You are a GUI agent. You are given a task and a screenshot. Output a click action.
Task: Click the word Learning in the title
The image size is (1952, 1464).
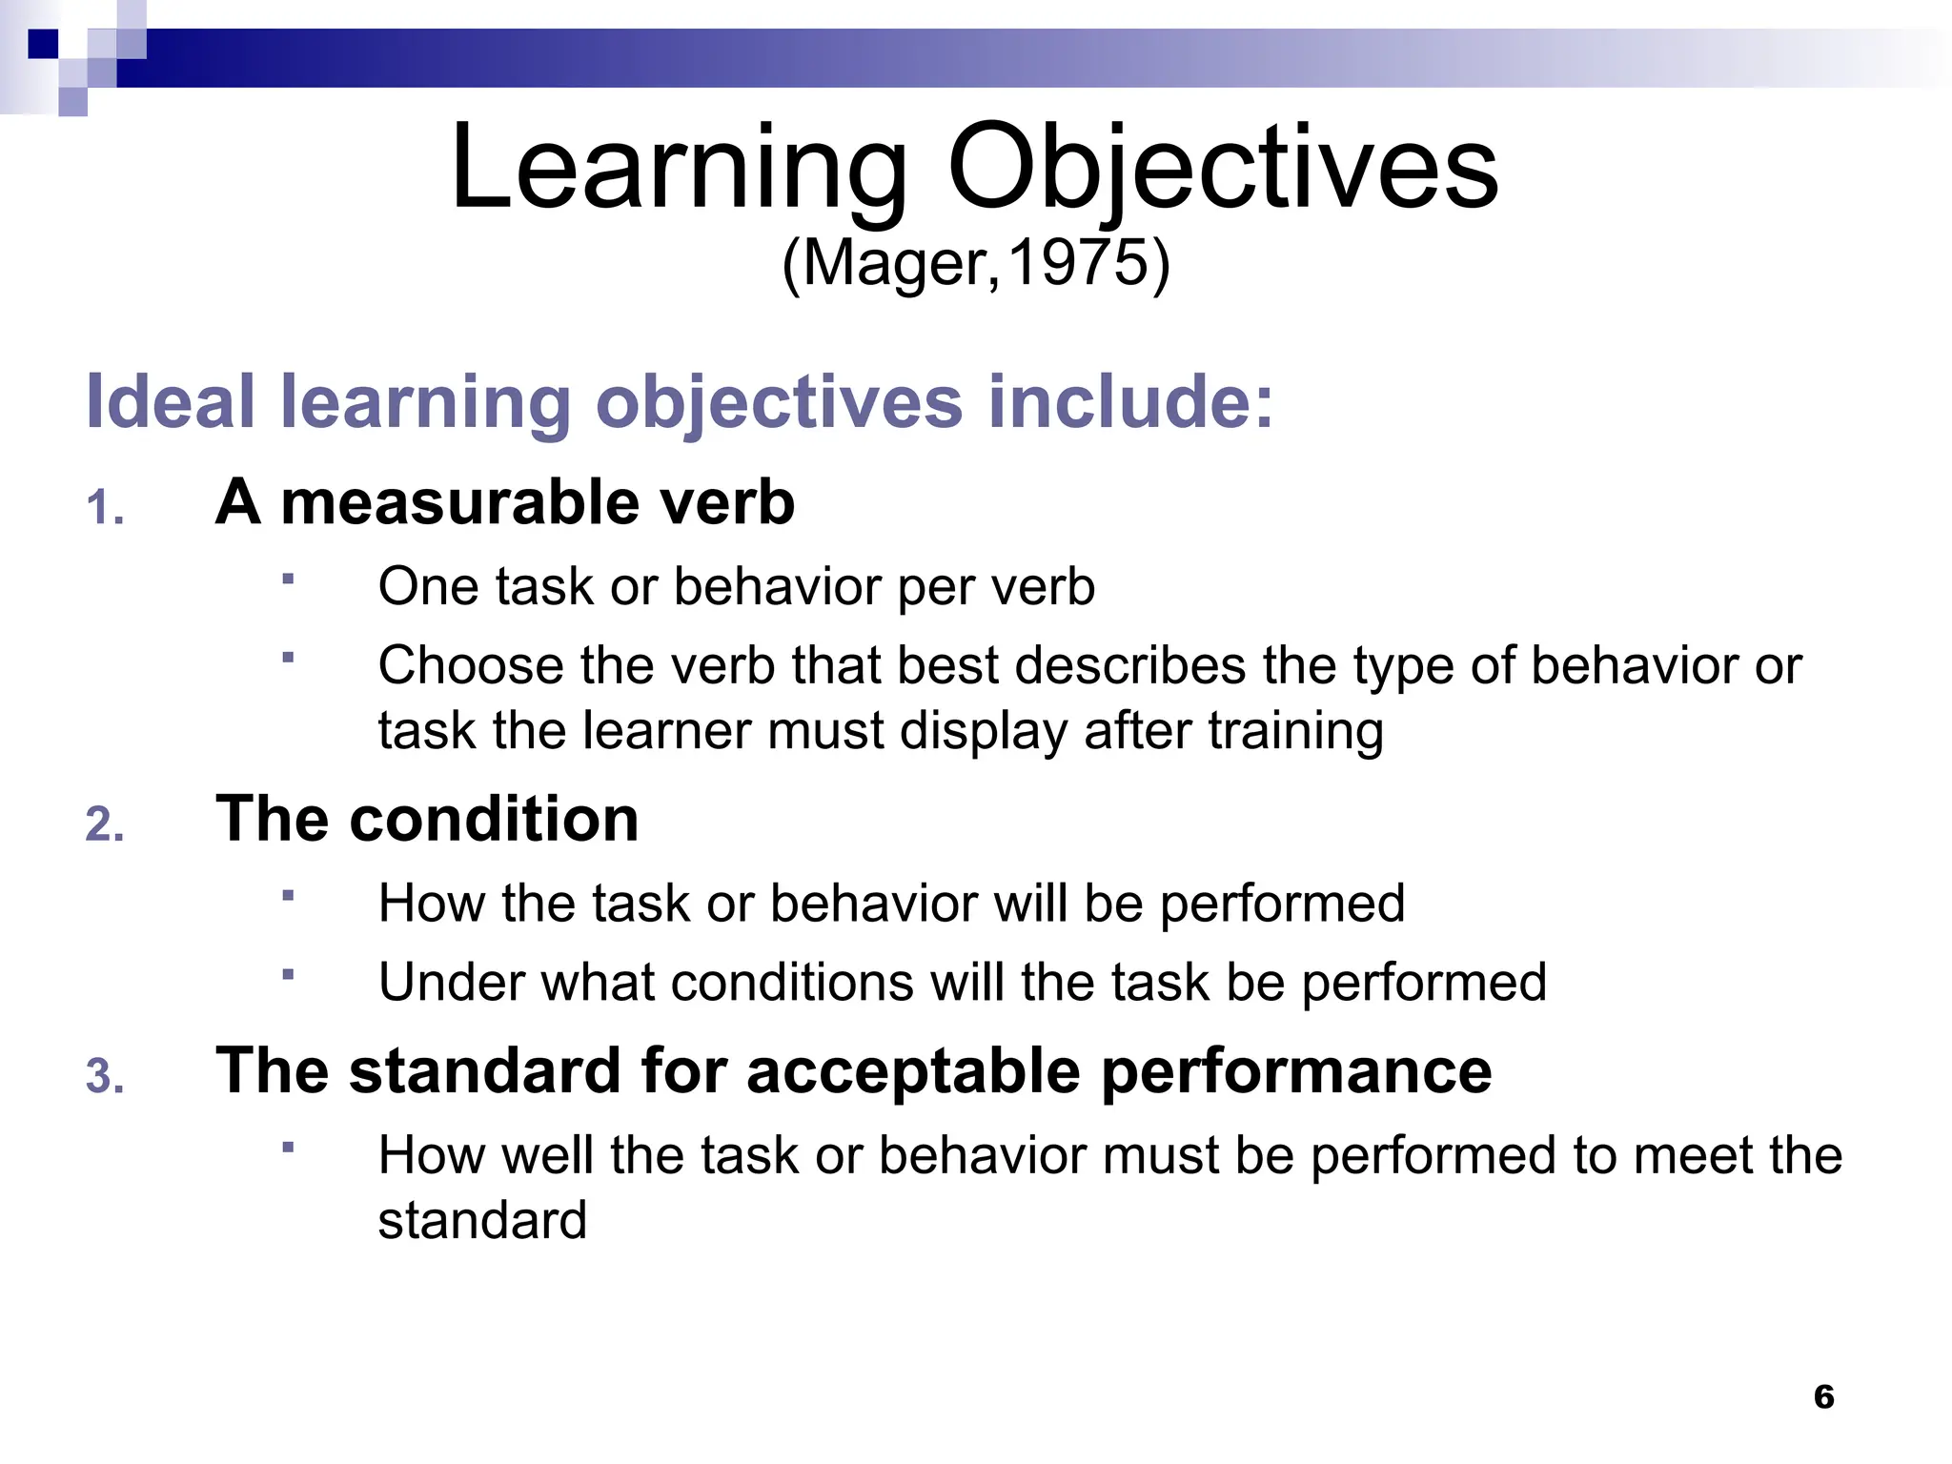click(679, 170)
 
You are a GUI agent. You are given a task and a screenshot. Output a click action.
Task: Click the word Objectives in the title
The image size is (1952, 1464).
click(1223, 170)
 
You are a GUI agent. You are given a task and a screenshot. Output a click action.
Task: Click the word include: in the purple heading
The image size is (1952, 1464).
click(1130, 401)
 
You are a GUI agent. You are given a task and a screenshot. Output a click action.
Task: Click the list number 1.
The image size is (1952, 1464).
click(105, 508)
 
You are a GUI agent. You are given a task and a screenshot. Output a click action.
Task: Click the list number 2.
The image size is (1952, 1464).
click(105, 824)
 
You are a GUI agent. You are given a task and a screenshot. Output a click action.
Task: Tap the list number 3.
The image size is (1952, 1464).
click(105, 1077)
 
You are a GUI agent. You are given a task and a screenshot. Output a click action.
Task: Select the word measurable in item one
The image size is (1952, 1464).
click(457, 502)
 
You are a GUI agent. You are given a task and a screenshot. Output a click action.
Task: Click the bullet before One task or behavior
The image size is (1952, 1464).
click(288, 579)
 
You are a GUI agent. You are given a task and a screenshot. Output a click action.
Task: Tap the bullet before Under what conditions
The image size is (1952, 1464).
click(288, 974)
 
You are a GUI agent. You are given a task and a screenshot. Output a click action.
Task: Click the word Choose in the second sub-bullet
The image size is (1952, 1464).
click(471, 665)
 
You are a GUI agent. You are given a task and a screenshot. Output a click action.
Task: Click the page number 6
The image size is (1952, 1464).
click(1823, 1396)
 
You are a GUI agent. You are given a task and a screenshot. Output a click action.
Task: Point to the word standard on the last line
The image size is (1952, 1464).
click(482, 1221)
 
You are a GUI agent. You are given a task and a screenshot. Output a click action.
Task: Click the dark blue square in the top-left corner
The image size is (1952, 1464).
click(44, 44)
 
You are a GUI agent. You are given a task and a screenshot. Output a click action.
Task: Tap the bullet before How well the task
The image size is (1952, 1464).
click(288, 1147)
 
